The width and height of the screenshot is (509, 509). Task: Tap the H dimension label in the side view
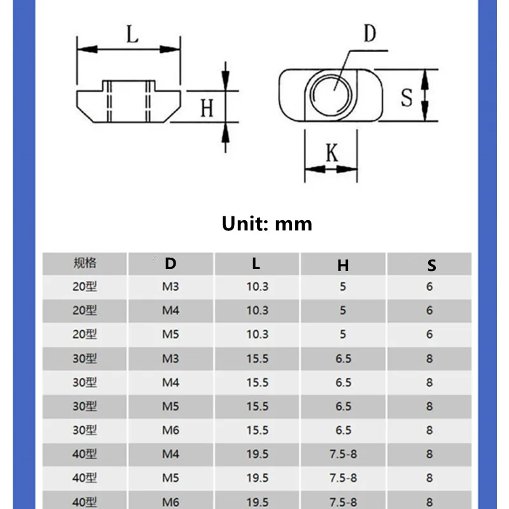pos(207,108)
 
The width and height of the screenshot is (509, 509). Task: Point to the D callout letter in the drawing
pos(370,34)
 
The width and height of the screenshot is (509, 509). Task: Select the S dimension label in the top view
pos(407,97)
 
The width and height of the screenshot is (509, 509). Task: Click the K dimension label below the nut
pos(331,153)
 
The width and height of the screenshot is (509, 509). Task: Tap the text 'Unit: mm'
pos(267,224)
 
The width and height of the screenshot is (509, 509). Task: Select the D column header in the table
pos(171,263)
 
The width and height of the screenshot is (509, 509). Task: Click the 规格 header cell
pos(85,263)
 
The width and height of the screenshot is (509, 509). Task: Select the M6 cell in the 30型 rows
pos(171,430)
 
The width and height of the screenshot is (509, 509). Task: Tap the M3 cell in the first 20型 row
pos(171,287)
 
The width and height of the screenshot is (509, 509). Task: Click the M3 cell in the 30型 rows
pos(171,359)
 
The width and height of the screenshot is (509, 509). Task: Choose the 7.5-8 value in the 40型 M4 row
pos(343,454)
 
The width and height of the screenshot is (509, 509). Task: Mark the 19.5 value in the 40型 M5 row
pos(257,478)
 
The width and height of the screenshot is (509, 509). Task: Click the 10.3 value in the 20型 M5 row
pos(257,335)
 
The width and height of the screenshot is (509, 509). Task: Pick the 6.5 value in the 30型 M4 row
pos(343,382)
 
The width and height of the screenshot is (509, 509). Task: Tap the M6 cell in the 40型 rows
pos(171,502)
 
